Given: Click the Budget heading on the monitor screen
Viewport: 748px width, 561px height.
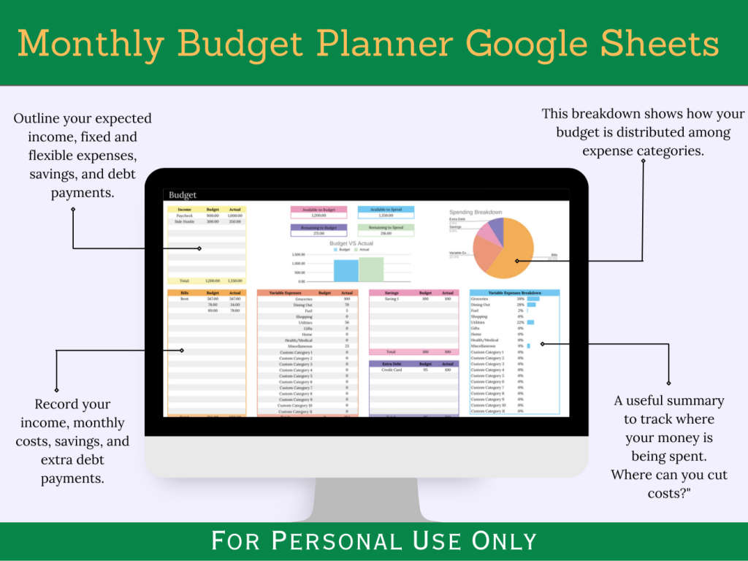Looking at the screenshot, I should point(183,195).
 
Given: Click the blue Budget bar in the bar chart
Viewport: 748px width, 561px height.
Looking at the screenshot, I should point(346,270).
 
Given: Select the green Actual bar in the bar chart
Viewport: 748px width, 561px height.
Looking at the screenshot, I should point(371,269).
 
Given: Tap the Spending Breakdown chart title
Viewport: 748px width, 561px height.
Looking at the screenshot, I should point(476,213).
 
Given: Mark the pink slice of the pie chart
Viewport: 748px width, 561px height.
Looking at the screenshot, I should point(486,235).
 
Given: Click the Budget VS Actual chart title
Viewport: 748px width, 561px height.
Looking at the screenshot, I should point(352,243).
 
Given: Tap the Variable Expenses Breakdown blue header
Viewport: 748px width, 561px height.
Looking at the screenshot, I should point(514,292).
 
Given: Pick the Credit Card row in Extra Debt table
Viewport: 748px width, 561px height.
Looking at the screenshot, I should point(392,370).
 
